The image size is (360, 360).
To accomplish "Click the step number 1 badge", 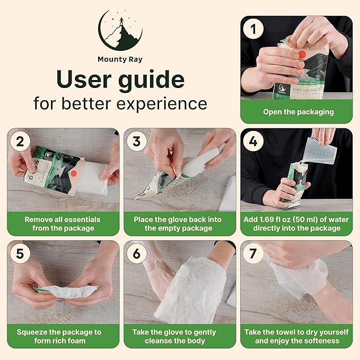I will (x=253, y=29).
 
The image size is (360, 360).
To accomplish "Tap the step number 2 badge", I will (x=20, y=142).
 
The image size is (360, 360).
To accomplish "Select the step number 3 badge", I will (x=137, y=142).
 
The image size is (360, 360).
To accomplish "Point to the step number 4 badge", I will (x=253, y=142).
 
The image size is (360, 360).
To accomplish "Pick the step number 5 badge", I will (x=20, y=254).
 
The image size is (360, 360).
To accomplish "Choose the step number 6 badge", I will (x=137, y=254).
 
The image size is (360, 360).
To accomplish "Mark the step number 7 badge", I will (x=253, y=254).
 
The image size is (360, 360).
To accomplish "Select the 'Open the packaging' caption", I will (x=298, y=112).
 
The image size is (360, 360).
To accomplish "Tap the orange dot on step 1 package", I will (x=302, y=55).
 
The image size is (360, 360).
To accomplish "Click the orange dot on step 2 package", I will (x=74, y=173).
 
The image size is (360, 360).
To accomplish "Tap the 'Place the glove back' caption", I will (x=179, y=224).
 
